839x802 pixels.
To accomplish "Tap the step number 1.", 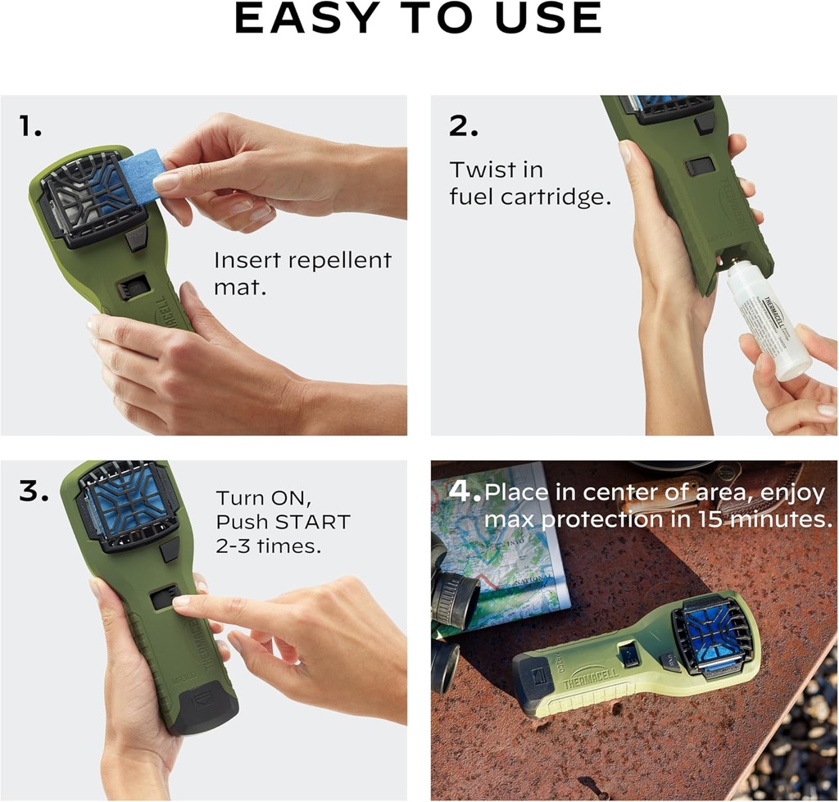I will point(31,126).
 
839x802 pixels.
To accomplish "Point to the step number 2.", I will point(463,125).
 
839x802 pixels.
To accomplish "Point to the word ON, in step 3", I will point(286,498).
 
